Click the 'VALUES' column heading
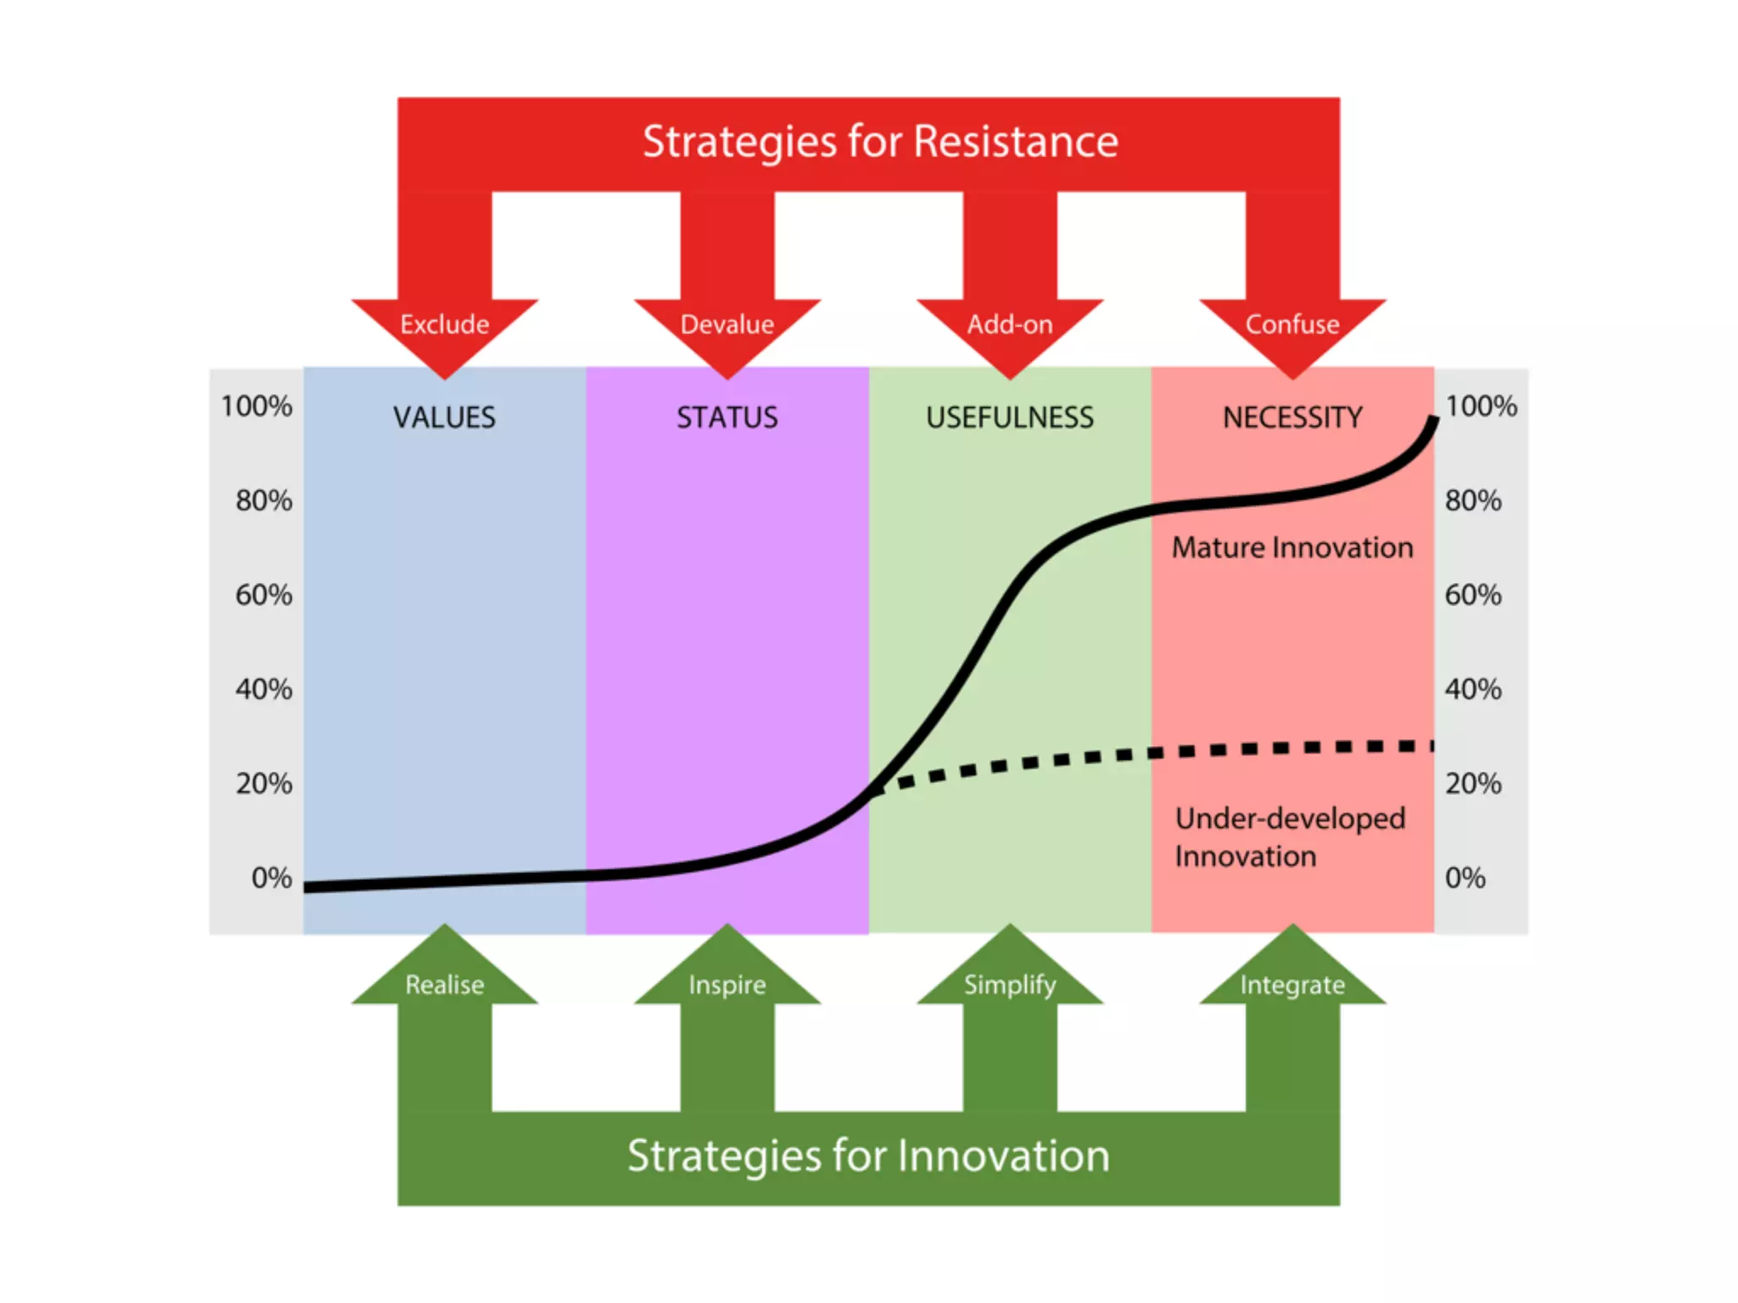tap(444, 417)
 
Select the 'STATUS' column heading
tap(727, 417)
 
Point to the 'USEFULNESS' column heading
tap(1010, 417)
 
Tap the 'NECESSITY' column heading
tap(1292, 417)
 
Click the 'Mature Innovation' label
tap(1292, 548)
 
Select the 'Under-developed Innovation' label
tap(1290, 837)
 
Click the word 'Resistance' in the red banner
tap(1016, 142)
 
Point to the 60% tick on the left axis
tap(264, 595)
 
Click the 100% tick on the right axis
tap(1481, 406)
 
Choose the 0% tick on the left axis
tap(272, 877)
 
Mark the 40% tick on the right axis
tap(1473, 689)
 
